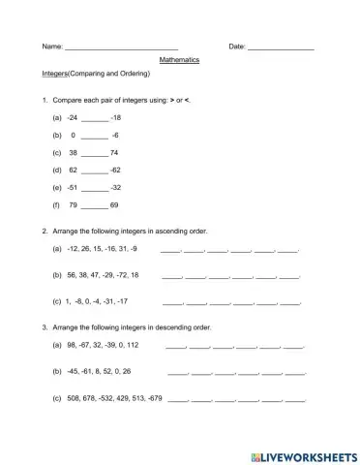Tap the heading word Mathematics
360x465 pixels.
tap(179, 60)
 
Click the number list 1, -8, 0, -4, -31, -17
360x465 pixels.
tap(98, 301)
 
